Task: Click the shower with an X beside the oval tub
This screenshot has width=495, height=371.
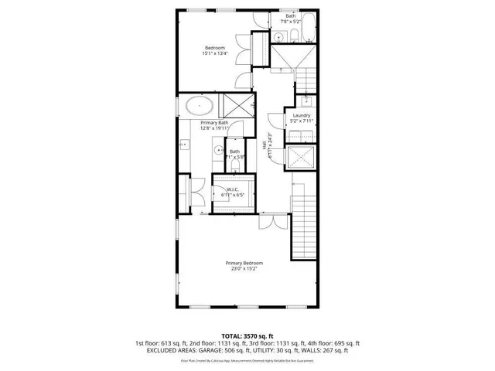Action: [x=241, y=105]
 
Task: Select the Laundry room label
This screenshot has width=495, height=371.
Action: [x=301, y=115]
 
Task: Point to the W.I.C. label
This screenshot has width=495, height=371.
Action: [x=231, y=189]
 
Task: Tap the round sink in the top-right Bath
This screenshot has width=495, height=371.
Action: [x=279, y=38]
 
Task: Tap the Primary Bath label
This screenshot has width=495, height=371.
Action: [x=214, y=124]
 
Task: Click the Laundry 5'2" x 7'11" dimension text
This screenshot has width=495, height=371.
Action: [x=301, y=121]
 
